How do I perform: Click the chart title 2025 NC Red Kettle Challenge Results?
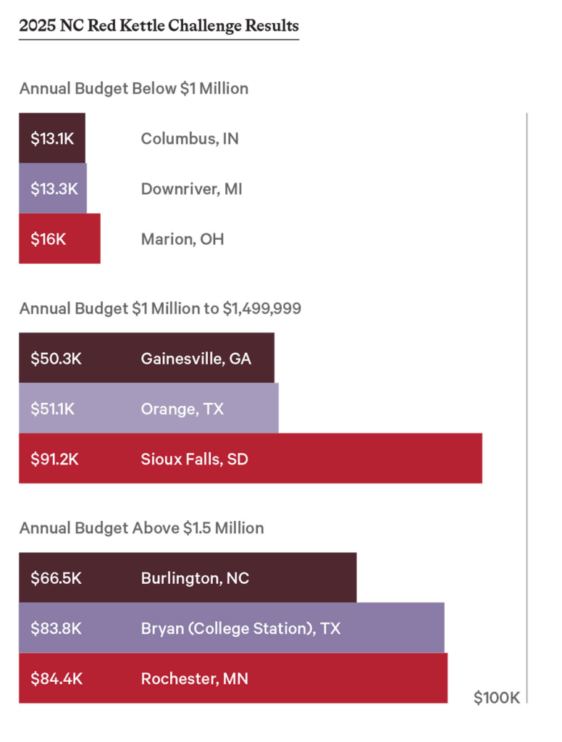coord(159,27)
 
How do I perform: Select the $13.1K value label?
coord(52,138)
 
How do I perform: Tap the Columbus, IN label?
coord(190,138)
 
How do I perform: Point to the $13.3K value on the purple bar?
coord(54,189)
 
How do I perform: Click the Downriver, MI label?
coord(191,189)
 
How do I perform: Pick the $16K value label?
coord(48,239)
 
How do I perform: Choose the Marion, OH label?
coord(183,239)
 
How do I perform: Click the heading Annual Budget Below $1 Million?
coord(134,89)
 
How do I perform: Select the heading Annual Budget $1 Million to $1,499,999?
coord(160,309)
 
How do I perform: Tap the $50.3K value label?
coord(56,358)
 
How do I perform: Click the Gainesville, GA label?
coord(196,358)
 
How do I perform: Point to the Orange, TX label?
coord(183,409)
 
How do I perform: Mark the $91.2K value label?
coord(54,459)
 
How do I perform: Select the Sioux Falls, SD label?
coord(195,459)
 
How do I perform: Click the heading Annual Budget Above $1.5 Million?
coord(141,528)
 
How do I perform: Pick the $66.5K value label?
coord(56,578)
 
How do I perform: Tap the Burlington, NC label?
coord(195,578)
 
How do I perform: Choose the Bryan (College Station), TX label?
coord(240,628)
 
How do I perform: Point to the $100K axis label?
coord(497,698)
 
